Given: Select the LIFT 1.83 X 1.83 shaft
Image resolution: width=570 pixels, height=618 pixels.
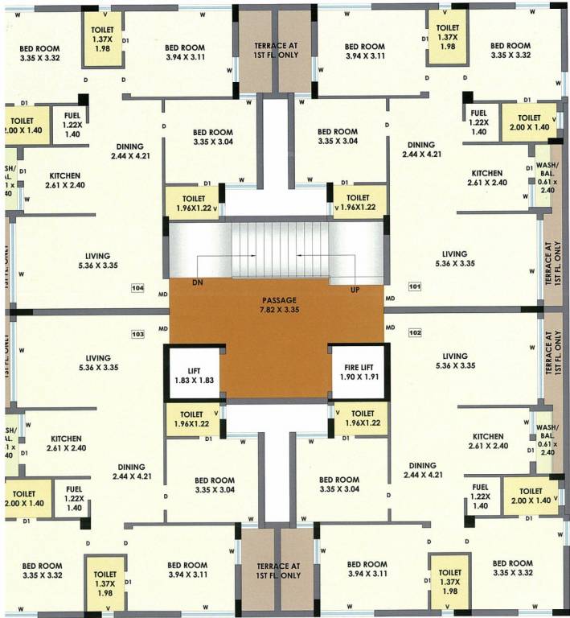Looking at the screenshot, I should [193, 373].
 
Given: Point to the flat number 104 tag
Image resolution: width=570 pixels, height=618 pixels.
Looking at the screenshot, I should [137, 286].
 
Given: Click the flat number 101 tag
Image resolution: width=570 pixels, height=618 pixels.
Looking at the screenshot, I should [415, 286].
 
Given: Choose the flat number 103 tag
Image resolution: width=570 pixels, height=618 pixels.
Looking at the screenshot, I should [137, 333].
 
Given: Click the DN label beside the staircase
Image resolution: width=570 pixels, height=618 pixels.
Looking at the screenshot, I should [198, 283].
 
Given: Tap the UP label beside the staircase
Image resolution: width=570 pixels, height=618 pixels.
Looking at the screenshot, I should [354, 288].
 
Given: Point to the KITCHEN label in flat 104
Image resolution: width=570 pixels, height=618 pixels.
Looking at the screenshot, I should [67, 179].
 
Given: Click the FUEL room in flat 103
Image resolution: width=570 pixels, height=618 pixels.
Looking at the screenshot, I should [72, 498].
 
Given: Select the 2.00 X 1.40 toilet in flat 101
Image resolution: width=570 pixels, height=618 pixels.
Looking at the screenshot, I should [529, 122].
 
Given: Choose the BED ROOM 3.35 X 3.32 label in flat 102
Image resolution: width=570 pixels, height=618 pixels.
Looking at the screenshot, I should [512, 567].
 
